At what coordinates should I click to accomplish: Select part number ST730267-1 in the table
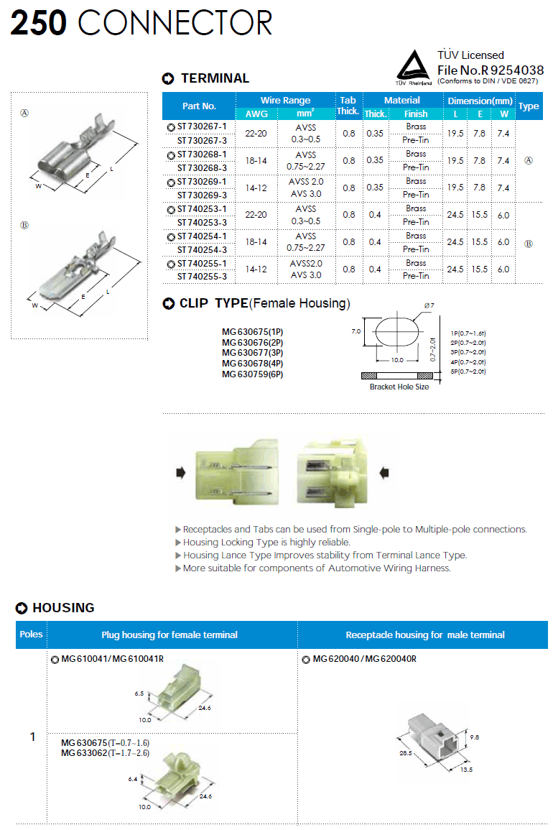[201, 127]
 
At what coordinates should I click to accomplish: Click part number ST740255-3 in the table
[201, 276]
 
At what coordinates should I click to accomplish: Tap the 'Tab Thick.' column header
[348, 106]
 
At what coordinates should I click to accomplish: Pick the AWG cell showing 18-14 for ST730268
[256, 161]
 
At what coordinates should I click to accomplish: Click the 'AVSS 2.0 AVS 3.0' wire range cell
[307, 188]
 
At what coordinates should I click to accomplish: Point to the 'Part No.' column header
[199, 106]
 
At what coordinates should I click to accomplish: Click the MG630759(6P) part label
[252, 374]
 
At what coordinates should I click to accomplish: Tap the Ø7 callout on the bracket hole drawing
[429, 307]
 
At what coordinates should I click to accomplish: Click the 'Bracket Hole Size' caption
[399, 387]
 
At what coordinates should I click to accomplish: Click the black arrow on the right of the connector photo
[384, 472]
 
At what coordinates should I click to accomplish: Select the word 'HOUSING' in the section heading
[63, 608]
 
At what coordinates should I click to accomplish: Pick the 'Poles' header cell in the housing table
[31, 635]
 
